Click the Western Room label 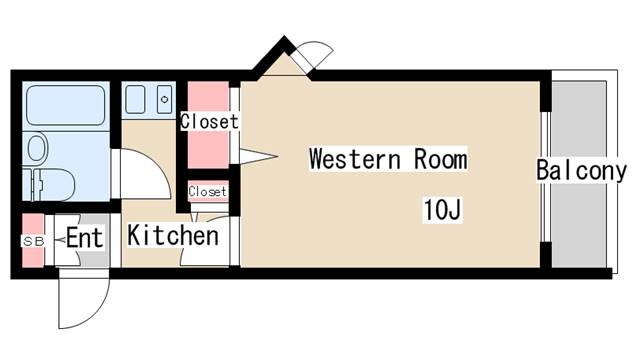(x=388, y=159)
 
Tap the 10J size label (x=442, y=210)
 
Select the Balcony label (x=581, y=171)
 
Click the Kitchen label (x=173, y=236)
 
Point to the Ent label (x=84, y=237)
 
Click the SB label (x=33, y=241)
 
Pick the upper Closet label (x=209, y=121)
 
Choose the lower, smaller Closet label (x=207, y=191)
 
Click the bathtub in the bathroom (x=66, y=105)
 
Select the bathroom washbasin (x=36, y=147)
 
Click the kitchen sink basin (x=135, y=100)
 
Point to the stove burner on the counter (x=164, y=100)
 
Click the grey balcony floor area (x=579, y=175)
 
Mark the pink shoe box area (x=33, y=240)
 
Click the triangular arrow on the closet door (x=258, y=156)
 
